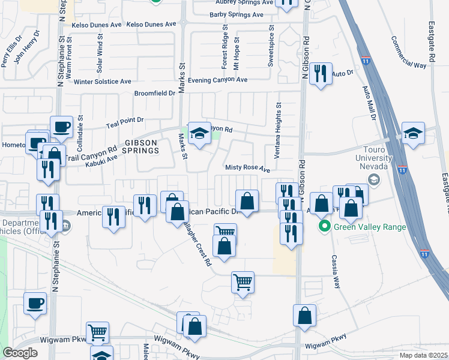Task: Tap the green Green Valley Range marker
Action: (325, 227)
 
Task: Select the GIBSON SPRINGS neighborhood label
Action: (141, 146)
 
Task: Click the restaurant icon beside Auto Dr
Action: (321, 74)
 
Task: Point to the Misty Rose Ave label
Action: (248, 169)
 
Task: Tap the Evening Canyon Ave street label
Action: (217, 80)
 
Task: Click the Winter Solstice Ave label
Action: (102, 82)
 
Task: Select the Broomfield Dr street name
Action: (155, 94)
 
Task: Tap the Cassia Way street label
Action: (335, 271)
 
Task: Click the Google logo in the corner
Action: (20, 353)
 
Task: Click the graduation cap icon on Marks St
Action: (198, 133)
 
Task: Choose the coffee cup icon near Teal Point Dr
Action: (61, 127)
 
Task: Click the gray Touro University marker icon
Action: (374, 179)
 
